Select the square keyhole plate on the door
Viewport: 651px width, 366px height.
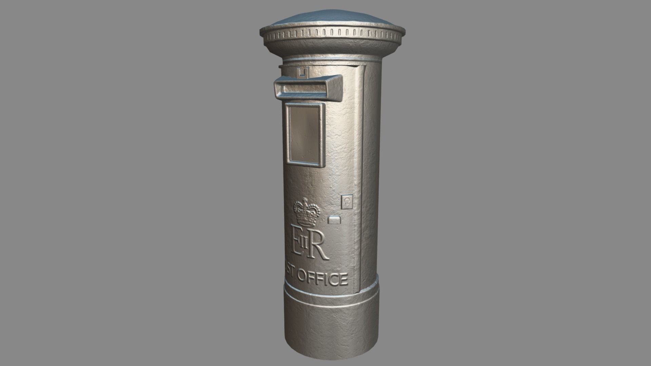pos(347,202)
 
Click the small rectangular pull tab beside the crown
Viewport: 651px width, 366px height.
pos(335,220)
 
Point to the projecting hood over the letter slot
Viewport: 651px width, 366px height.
pos(309,81)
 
